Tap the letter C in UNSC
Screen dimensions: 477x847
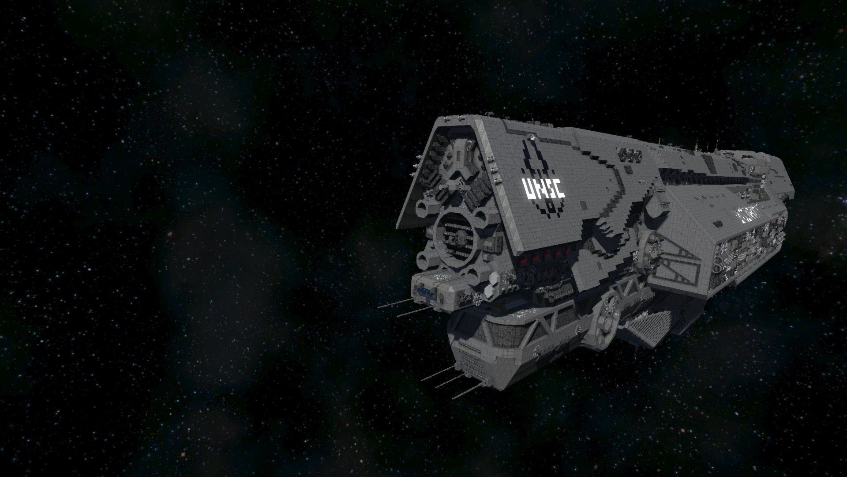coord(559,189)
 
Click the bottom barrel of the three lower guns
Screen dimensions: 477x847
coord(468,390)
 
